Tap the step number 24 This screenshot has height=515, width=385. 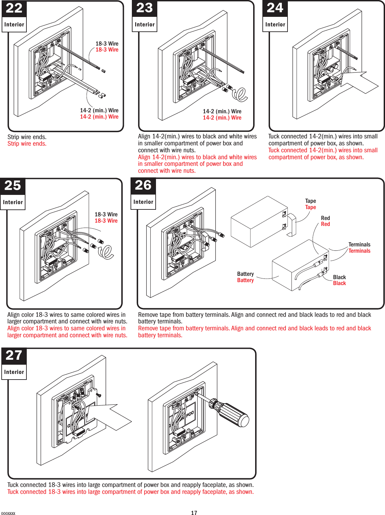(275, 8)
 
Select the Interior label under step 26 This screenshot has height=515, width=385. (143, 202)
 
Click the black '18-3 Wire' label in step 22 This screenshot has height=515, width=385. (107, 44)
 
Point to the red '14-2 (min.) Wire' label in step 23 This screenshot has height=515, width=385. (222, 118)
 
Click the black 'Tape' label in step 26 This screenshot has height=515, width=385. (310, 201)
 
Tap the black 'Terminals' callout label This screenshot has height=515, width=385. (359, 244)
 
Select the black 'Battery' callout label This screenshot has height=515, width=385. (245, 274)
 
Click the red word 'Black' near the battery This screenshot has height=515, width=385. (339, 283)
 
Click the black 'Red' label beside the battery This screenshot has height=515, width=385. (325, 218)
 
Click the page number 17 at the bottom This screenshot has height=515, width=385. (194, 513)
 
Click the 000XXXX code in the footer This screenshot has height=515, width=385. (8, 513)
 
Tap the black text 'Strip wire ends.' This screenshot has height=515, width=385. (27, 137)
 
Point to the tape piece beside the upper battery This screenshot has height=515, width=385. (292, 225)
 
